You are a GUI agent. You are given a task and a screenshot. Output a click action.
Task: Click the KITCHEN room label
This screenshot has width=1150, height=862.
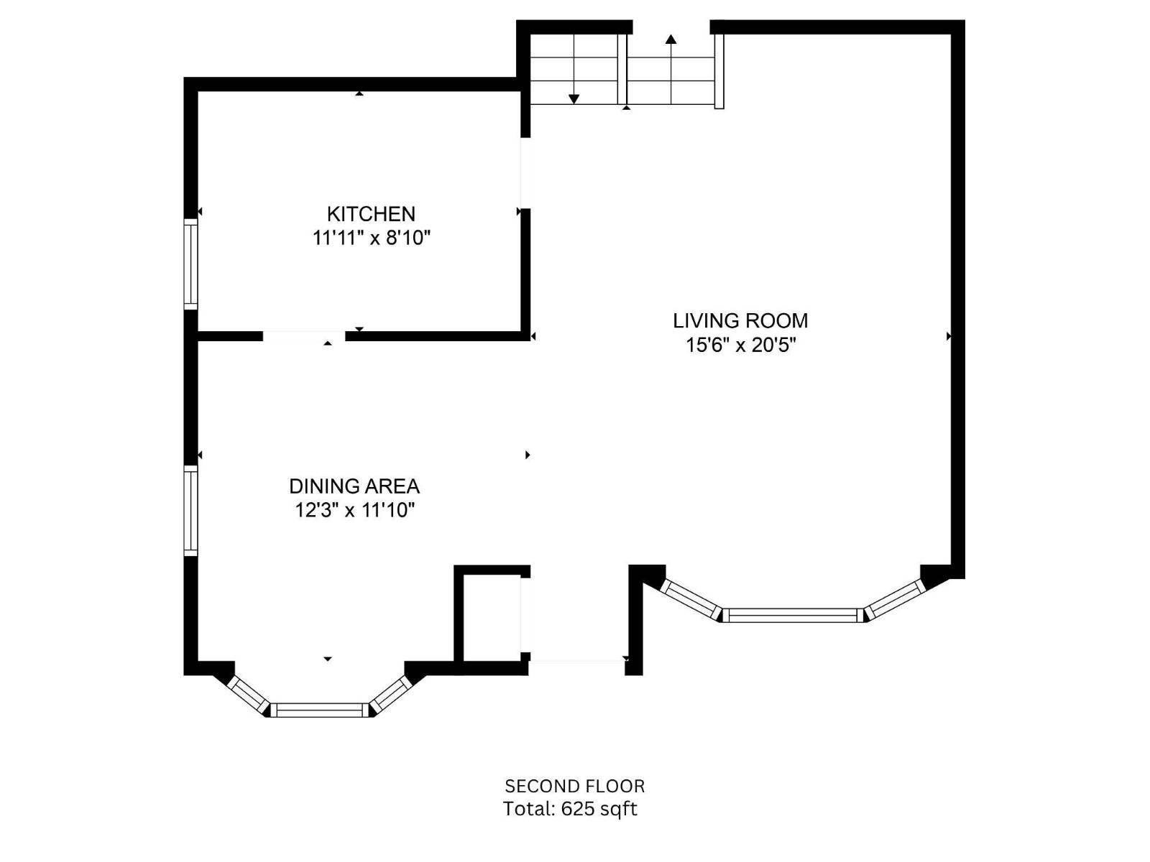pyautogui.click(x=371, y=213)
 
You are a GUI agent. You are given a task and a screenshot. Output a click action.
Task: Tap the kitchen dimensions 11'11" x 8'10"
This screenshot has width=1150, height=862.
pyautogui.click(x=371, y=238)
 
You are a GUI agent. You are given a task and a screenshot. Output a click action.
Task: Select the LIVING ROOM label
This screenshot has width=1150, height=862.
pyautogui.click(x=740, y=320)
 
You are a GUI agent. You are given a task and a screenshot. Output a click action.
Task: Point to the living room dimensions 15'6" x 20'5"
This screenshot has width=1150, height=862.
pyautogui.click(x=740, y=345)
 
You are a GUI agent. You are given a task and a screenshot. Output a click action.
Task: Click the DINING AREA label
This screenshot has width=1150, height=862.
pyautogui.click(x=354, y=486)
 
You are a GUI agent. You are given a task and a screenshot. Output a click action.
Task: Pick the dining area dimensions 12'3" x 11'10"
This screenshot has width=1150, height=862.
pyautogui.click(x=354, y=510)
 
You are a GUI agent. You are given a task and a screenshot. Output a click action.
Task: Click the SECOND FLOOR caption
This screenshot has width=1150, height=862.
pyautogui.click(x=574, y=786)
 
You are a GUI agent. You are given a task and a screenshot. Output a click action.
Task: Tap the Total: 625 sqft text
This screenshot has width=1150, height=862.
pyautogui.click(x=570, y=809)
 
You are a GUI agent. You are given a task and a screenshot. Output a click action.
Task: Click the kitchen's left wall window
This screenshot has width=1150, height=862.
pyautogui.click(x=190, y=264)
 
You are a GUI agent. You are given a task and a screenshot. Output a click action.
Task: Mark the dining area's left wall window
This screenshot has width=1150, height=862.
pyautogui.click(x=190, y=510)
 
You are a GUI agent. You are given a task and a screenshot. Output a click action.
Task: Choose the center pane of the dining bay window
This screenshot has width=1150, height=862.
pyautogui.click(x=319, y=710)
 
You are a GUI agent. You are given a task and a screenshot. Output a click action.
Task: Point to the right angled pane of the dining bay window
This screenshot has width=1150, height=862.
pyautogui.click(x=390, y=695)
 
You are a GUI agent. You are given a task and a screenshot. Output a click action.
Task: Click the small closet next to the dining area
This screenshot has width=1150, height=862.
pyautogui.click(x=491, y=616)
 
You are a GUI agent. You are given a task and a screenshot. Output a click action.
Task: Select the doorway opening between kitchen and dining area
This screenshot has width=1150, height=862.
pyautogui.click(x=303, y=335)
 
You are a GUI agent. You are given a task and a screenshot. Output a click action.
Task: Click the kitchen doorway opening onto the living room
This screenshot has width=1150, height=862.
pyautogui.click(x=525, y=172)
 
